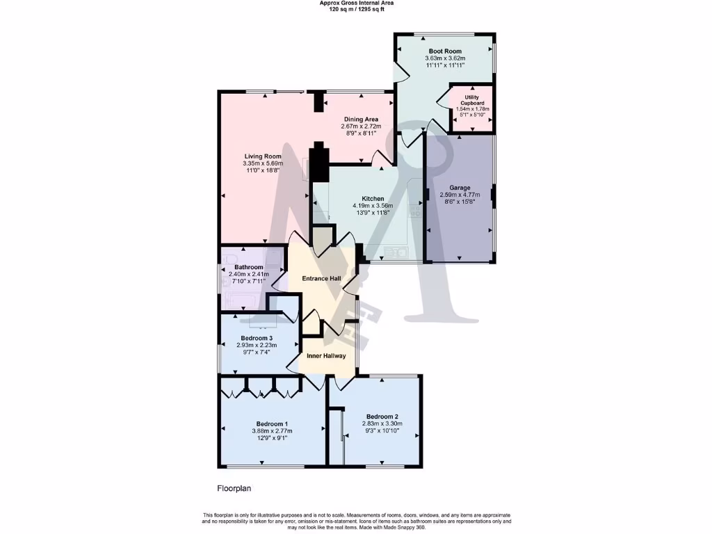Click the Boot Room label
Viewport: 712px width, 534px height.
pyautogui.click(x=445, y=51)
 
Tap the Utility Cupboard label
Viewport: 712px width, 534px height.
pyautogui.click(x=472, y=100)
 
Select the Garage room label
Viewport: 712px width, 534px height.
pyautogui.click(x=460, y=188)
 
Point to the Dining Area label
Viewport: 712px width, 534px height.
pyautogui.click(x=361, y=119)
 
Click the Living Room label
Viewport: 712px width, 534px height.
pyautogui.click(x=262, y=156)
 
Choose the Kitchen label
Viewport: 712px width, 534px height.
pyautogui.click(x=373, y=198)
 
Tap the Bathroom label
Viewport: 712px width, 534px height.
pyautogui.click(x=248, y=267)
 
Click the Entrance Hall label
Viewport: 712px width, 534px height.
pyautogui.click(x=321, y=279)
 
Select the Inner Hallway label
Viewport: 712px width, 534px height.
pyautogui.click(x=326, y=356)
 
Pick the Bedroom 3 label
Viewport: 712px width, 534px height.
pyautogui.click(x=247, y=338)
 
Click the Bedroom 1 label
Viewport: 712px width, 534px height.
pyautogui.click(x=272, y=423)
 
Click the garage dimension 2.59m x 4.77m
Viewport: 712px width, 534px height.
pyautogui.click(x=460, y=195)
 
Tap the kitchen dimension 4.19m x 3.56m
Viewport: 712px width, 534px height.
pyautogui.click(x=373, y=206)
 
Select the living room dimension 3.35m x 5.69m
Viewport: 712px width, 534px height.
pyautogui.click(x=262, y=163)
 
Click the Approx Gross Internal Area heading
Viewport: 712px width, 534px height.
pyautogui.click(x=355, y=3)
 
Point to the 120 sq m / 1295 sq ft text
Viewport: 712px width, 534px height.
pyautogui.click(x=355, y=9)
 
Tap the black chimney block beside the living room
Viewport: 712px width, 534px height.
pyautogui.click(x=318, y=161)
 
